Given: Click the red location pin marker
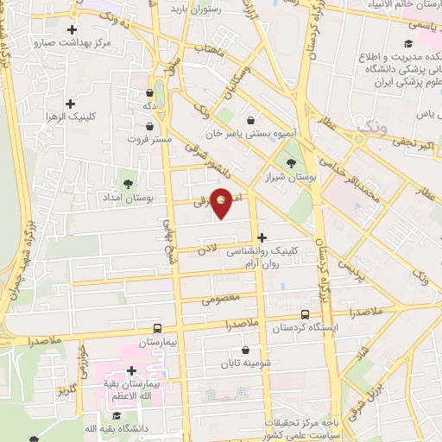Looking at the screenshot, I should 222,202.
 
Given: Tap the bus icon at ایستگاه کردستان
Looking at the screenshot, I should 305,315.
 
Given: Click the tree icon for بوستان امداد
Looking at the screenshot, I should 129,183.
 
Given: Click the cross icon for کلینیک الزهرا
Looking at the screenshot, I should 82,104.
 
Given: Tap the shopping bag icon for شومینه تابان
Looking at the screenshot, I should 247,350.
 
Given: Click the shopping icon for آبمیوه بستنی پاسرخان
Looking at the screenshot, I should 250,120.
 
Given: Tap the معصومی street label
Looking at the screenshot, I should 218,300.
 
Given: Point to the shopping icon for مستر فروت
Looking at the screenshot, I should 150,125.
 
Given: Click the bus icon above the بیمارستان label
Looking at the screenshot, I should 156,328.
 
